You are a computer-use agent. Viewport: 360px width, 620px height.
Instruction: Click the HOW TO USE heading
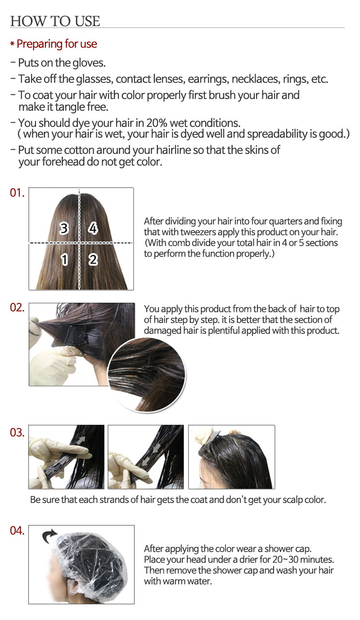pyautogui.click(x=55, y=21)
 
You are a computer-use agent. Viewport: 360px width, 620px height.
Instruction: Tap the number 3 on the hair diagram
pyautogui.click(x=64, y=229)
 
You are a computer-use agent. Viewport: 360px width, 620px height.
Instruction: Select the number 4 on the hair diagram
pyautogui.click(x=93, y=229)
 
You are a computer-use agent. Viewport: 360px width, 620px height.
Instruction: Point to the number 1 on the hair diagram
pyautogui.click(x=64, y=260)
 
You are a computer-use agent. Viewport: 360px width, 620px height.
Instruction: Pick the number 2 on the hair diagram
pyautogui.click(x=93, y=260)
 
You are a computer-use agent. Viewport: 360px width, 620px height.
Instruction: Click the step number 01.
pyautogui.click(x=17, y=193)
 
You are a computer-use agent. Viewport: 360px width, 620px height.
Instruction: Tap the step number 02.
pyautogui.click(x=17, y=307)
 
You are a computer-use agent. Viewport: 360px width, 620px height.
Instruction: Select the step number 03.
pyautogui.click(x=17, y=433)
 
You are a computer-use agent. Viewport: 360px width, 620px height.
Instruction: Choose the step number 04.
pyautogui.click(x=17, y=530)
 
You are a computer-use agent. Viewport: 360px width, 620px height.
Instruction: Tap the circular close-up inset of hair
pyautogui.click(x=147, y=375)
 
